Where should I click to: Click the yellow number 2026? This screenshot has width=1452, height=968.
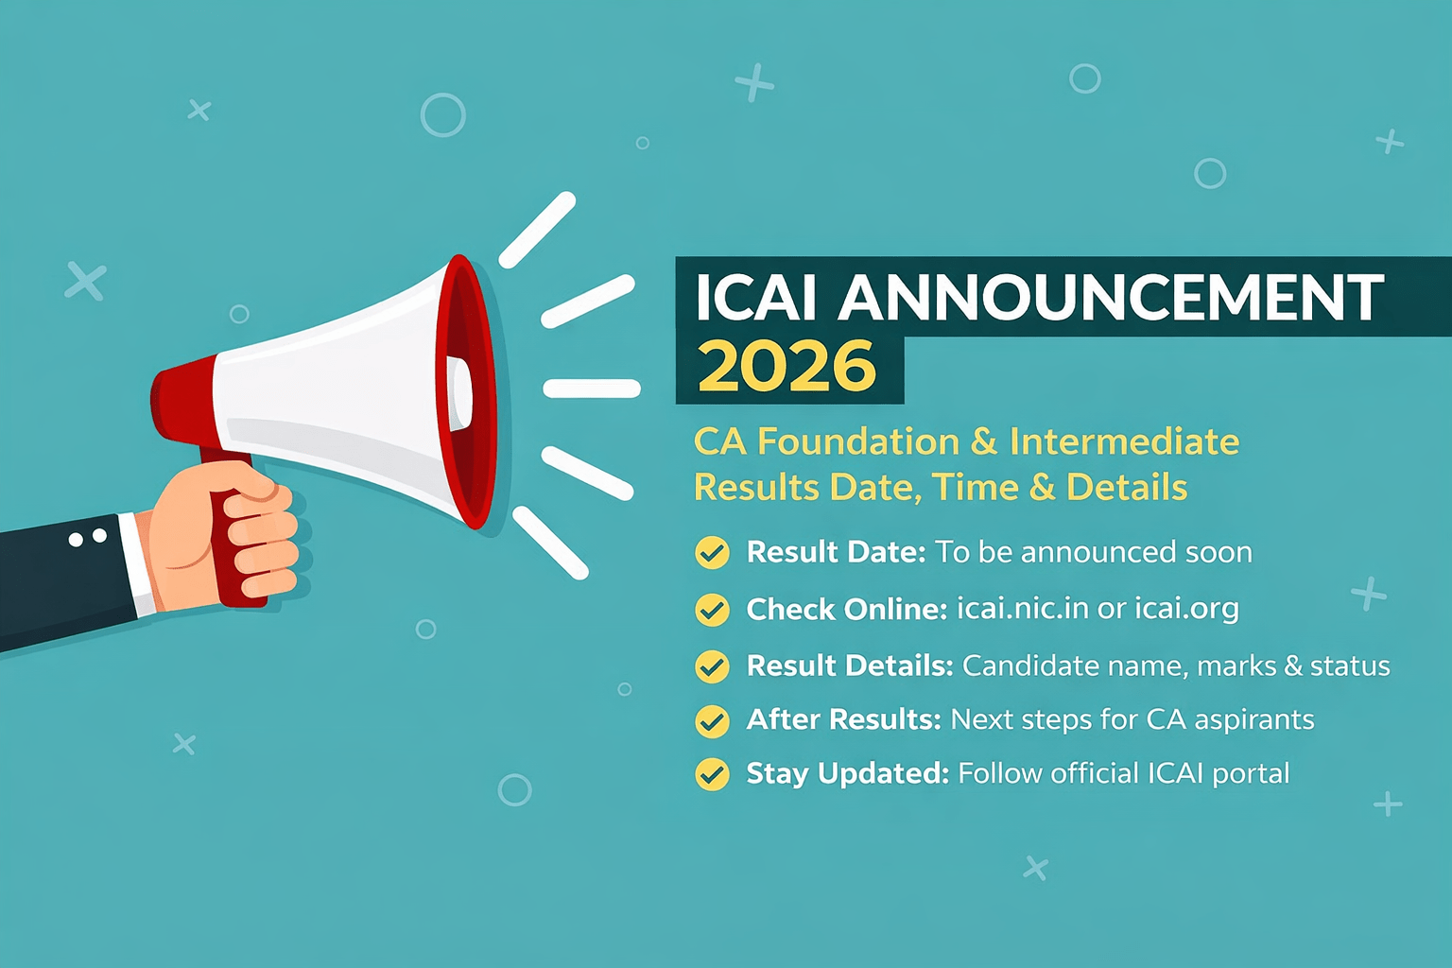pos(786,367)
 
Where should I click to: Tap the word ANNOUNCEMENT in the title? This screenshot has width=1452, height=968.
pos(1111,298)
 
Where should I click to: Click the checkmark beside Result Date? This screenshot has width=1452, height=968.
pos(712,553)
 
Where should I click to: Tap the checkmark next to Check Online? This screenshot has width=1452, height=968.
pos(712,610)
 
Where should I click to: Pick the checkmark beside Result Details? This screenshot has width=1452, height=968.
pos(712,666)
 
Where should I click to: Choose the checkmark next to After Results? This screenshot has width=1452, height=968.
pos(712,721)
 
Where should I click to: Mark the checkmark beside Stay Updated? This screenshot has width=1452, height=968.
pos(712,774)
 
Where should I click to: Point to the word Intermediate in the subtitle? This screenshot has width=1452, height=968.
pos(1124,441)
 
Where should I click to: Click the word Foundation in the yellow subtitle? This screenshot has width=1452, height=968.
pos(858,441)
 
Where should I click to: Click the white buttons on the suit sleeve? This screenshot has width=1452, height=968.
pos(87,538)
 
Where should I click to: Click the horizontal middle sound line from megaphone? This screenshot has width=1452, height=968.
pos(592,388)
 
